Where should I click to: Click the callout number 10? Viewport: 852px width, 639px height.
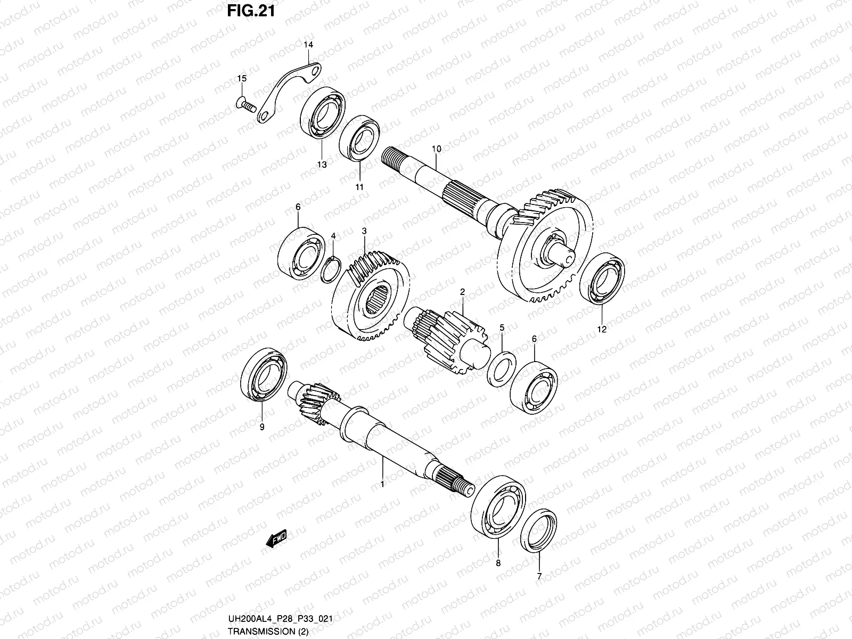pyautogui.click(x=437, y=150)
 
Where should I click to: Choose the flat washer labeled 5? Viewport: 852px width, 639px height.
pyautogui.click(x=503, y=367)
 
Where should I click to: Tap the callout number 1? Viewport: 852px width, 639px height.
pyautogui.click(x=382, y=484)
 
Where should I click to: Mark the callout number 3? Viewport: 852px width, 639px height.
pyautogui.click(x=364, y=231)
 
